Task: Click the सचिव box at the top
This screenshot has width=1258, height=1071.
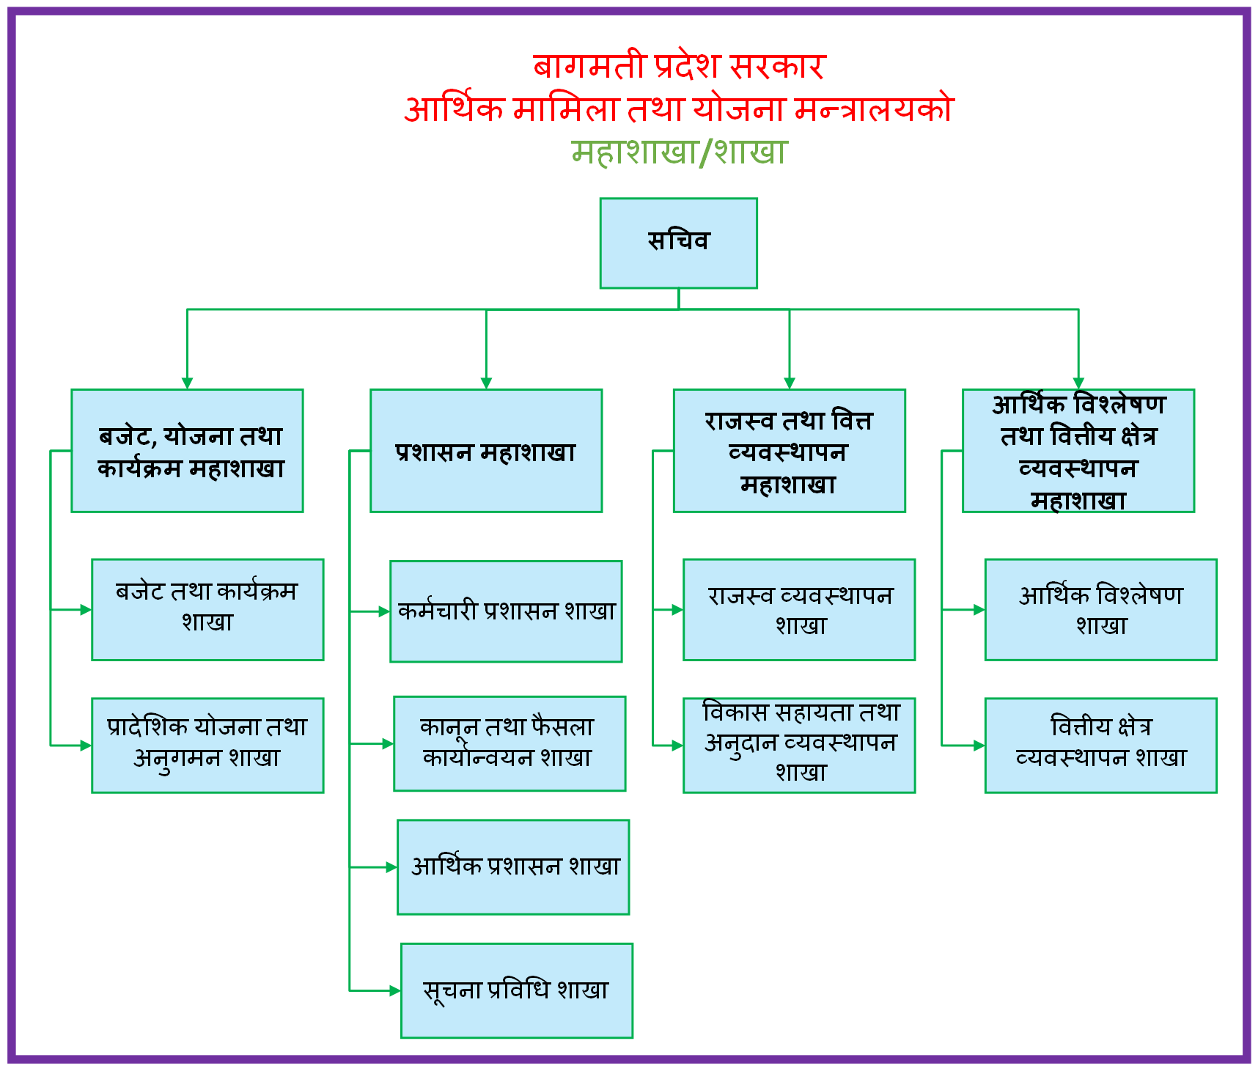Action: [x=678, y=243]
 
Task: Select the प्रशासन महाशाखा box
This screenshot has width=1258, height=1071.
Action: [x=486, y=451]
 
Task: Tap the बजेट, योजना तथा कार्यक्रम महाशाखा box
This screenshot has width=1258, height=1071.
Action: [x=187, y=451]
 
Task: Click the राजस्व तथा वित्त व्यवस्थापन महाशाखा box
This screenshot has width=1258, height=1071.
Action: [x=790, y=451]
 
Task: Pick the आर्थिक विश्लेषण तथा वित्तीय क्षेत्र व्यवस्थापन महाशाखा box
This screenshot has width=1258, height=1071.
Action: [x=1078, y=451]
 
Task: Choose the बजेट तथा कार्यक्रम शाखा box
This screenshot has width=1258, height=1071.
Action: [x=207, y=610]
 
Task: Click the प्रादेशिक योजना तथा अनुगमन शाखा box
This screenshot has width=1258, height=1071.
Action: [x=207, y=746]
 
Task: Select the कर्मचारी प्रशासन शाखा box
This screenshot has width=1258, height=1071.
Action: [x=506, y=611]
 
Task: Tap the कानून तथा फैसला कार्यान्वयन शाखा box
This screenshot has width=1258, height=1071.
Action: [x=510, y=743]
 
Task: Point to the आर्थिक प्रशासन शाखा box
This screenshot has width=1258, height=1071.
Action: [x=513, y=867]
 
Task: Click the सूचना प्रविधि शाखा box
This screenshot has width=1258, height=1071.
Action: [x=517, y=990]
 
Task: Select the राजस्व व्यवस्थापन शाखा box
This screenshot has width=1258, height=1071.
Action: [x=799, y=610]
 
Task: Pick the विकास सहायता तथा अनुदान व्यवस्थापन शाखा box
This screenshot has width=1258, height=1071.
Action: [x=799, y=746]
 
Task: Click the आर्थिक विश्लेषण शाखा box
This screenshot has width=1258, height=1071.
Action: [x=1101, y=610]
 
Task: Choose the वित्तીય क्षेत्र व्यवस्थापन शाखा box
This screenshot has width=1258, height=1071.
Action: [x=1101, y=746]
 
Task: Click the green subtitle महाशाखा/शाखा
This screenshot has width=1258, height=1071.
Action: [x=679, y=152]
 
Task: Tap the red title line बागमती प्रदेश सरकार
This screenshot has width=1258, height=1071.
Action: [x=679, y=66]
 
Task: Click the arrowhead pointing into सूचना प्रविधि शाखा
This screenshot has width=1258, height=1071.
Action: [x=395, y=990]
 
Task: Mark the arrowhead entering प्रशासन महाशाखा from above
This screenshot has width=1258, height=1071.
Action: [x=486, y=383]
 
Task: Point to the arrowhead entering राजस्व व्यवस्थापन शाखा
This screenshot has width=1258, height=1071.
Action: [x=677, y=609]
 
